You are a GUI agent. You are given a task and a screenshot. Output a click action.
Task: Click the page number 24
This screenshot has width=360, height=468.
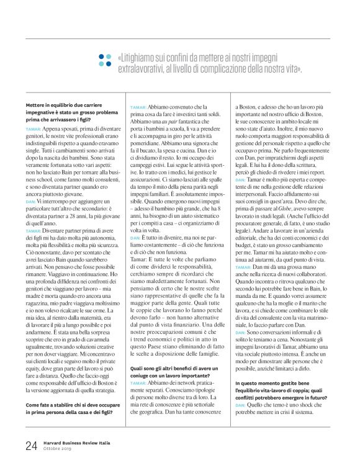point(30,445)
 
